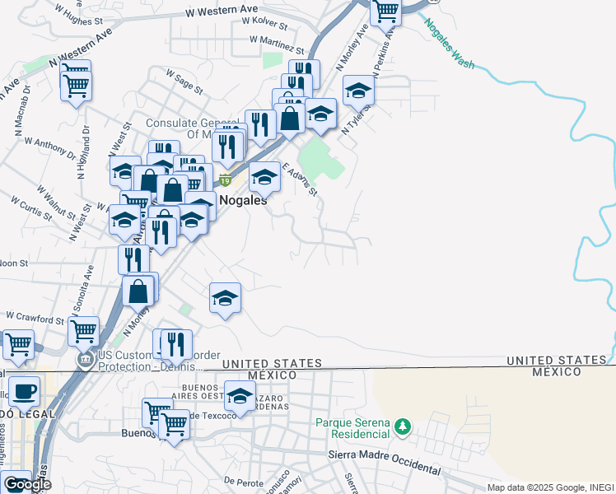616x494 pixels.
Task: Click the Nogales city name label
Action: click(243, 199)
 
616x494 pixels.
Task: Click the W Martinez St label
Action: click(276, 40)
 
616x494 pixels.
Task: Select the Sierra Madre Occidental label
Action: click(385, 461)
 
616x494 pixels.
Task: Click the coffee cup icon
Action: click(24, 390)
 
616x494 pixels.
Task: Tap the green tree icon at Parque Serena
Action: click(403, 426)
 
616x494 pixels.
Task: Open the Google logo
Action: click(27, 484)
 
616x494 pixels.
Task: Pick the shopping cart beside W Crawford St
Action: click(83, 332)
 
